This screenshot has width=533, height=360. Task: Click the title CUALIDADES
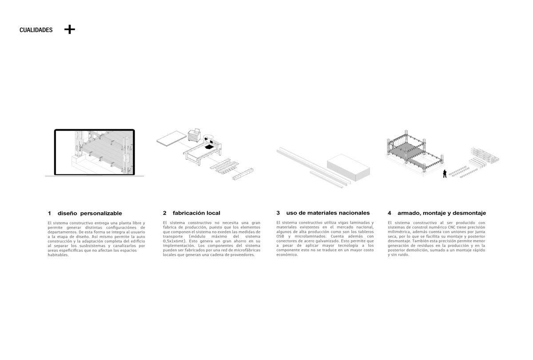pyautogui.click(x=36, y=31)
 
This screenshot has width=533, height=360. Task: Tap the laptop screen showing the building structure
pyautogui.click(x=94, y=151)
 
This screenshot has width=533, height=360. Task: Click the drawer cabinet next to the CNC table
pyautogui.click(x=195, y=135)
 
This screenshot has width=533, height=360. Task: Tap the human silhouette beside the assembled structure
pyautogui.click(x=444, y=174)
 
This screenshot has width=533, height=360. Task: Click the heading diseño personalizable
pyautogui.click(x=89, y=214)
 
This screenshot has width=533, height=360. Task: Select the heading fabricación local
pyautogui.click(x=195, y=214)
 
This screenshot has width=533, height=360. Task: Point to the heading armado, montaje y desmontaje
pyautogui.click(x=442, y=214)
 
